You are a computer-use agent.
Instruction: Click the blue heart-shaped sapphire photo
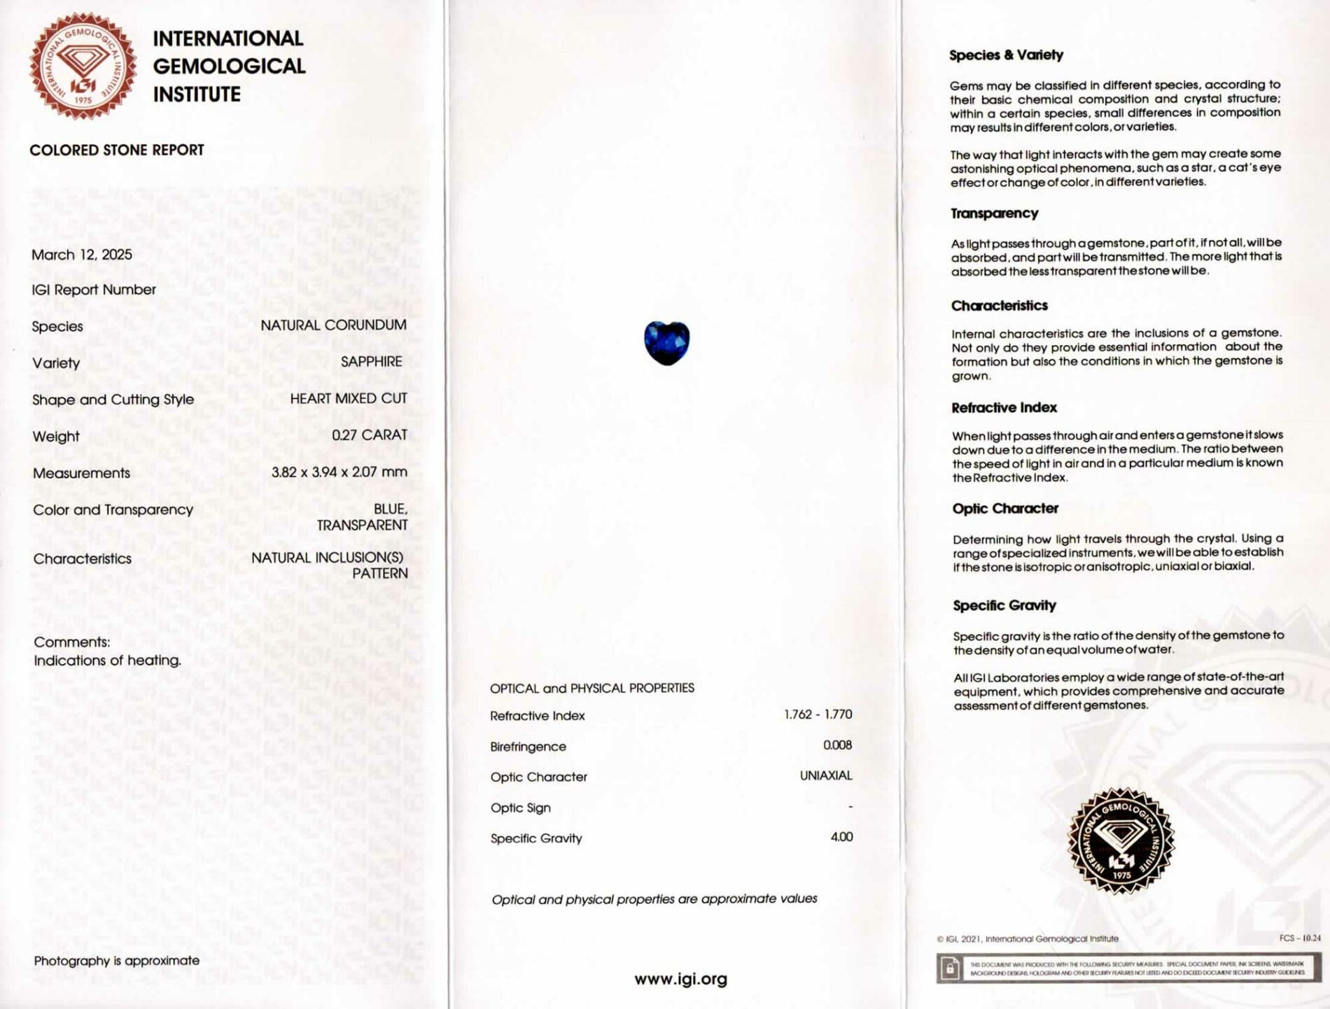pyautogui.click(x=666, y=343)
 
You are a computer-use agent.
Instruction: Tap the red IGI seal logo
pyautogui.click(x=83, y=66)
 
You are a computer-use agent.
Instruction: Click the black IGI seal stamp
pyautogui.click(x=1120, y=840)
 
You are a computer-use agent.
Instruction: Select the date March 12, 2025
pyautogui.click(x=82, y=255)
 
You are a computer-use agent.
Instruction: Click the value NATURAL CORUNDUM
pyautogui.click(x=333, y=325)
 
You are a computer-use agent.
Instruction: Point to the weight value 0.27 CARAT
pyautogui.click(x=369, y=435)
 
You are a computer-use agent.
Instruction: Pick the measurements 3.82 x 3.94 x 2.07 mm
pyautogui.click(x=339, y=472)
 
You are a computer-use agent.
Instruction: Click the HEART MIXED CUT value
pyautogui.click(x=348, y=399)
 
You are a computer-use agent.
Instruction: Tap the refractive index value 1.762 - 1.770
pyautogui.click(x=818, y=714)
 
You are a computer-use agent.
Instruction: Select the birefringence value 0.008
pyautogui.click(x=837, y=745)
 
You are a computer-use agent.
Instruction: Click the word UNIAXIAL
pyautogui.click(x=826, y=775)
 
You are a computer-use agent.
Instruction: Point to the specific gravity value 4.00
pyautogui.click(x=841, y=837)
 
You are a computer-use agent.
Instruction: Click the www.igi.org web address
pyautogui.click(x=680, y=979)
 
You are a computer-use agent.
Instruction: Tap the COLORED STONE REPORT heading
pyautogui.click(x=117, y=150)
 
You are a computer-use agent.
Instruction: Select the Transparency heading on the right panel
pyautogui.click(x=994, y=213)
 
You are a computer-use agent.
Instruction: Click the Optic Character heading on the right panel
pyautogui.click(x=1004, y=509)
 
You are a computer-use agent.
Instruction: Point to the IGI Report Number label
pyautogui.click(x=94, y=290)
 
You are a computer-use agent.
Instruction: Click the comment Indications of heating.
pyautogui.click(x=107, y=661)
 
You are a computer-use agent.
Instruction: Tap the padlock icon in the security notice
pyautogui.click(x=950, y=968)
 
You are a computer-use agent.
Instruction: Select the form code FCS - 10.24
pyautogui.click(x=1299, y=938)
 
